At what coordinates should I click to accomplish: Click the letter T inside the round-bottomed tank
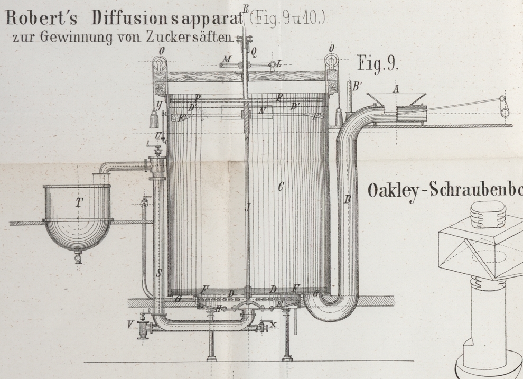(79, 201)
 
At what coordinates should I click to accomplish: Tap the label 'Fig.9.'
(378, 63)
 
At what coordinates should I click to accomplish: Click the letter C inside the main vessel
(281, 186)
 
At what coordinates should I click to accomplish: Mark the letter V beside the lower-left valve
(130, 324)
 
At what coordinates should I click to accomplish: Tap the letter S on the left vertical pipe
(159, 273)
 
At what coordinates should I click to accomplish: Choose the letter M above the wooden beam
(226, 59)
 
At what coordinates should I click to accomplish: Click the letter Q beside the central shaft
(254, 51)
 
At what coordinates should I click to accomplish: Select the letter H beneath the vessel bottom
(218, 309)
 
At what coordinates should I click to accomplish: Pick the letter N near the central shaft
(261, 110)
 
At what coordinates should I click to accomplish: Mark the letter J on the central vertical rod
(247, 207)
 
